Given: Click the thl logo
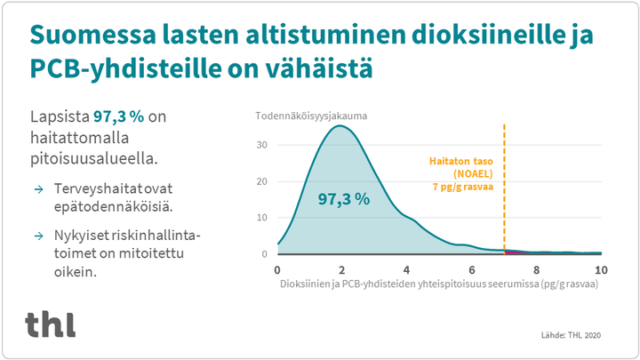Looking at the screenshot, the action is [50, 324].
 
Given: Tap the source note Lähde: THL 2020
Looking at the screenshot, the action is [571, 335].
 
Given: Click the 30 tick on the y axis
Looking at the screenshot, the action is [262, 145].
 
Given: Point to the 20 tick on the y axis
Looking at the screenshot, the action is [262, 181].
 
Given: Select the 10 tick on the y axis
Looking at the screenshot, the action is [262, 218].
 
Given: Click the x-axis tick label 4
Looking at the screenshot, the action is [406, 270].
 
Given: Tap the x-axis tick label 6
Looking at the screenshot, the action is [472, 270].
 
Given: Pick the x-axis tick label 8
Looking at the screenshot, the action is [536, 270].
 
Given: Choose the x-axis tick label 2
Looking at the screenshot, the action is [341, 270].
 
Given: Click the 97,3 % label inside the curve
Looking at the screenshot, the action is [344, 199].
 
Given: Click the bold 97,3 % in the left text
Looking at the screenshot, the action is [119, 116].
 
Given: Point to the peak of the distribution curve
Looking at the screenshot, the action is [340, 125].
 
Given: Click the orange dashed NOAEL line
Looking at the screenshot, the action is [505, 189].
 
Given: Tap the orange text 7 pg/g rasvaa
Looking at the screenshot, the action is [463, 187].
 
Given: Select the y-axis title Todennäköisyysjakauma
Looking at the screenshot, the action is [311, 116].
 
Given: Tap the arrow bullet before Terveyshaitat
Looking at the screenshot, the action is [39, 189].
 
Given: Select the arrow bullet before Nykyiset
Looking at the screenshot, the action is [39, 236].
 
